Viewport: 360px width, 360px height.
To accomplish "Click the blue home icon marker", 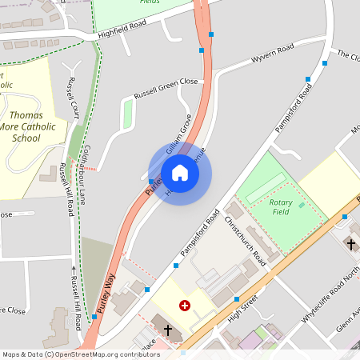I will pos(180,173).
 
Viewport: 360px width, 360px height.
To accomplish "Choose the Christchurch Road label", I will pos(245,241).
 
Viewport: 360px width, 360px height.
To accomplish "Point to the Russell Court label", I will pos(74,95).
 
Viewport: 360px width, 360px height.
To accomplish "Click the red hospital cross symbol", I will pos(185,305).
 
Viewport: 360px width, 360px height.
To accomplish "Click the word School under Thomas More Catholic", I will pos(26,138).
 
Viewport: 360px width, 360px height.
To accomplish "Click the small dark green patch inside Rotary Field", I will pos(302,206).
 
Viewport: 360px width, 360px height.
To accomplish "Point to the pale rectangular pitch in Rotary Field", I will pos(265,189).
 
